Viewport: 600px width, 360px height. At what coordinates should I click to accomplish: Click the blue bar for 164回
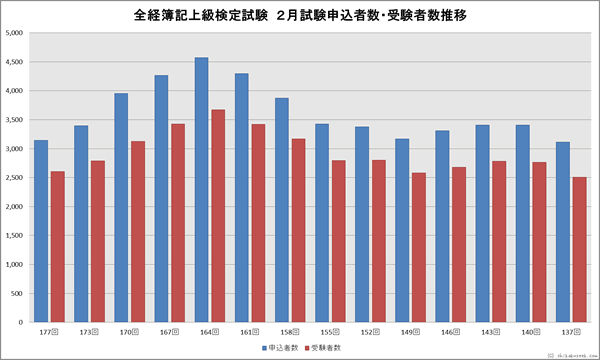pos(201,190)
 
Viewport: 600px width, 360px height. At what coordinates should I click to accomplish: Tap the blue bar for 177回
pos(41,231)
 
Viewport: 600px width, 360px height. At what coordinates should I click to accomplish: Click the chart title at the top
pos(300,15)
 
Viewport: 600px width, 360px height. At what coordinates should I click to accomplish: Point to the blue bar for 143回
pos(482,224)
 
